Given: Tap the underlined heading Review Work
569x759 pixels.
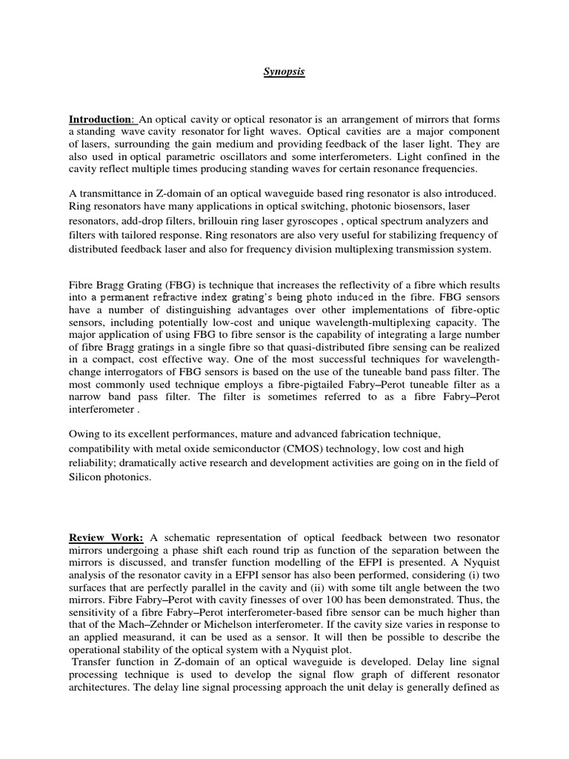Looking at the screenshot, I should coord(106,536).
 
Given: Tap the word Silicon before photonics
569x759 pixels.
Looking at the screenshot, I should coord(90,478).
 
